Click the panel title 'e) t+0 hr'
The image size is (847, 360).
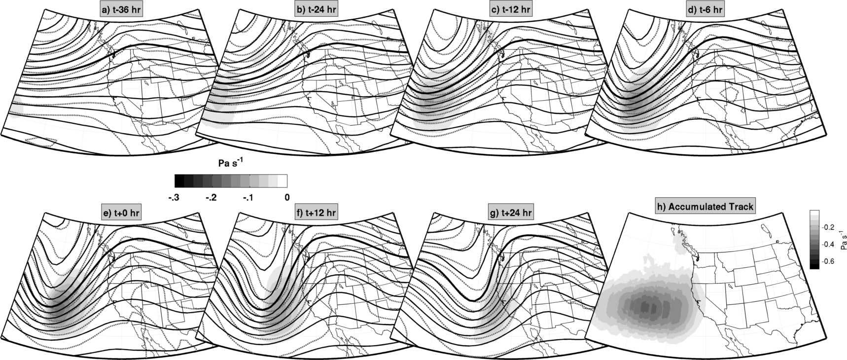coord(120,214)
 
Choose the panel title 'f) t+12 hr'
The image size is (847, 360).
coord(314,214)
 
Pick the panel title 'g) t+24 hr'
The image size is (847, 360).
coord(509,214)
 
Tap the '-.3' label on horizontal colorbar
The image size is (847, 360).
coord(174,198)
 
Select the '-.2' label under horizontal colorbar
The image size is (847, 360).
coord(211,198)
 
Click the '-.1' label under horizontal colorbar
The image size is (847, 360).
coord(248,198)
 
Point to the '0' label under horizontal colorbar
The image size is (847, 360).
coord(287,198)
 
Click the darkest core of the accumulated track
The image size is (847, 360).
coord(646,307)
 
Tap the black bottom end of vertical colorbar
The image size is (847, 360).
coord(814,266)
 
